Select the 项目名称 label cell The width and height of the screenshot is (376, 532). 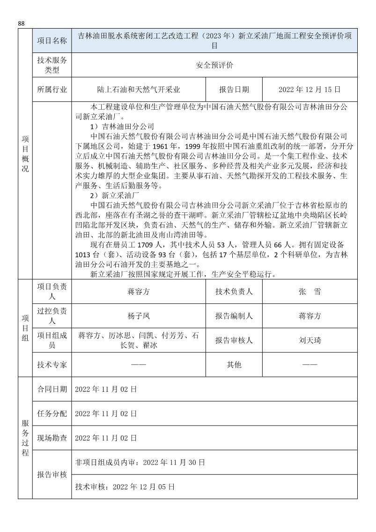(x=52, y=41)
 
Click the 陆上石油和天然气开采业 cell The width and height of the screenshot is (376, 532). (x=139, y=90)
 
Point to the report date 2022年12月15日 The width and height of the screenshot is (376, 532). (x=310, y=90)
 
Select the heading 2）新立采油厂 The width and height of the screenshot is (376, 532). (x=115, y=196)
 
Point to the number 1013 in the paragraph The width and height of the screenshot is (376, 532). (x=85, y=255)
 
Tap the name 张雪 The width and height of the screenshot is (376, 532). (x=310, y=292)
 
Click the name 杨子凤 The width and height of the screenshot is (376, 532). (x=139, y=316)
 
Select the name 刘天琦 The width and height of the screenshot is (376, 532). (x=310, y=340)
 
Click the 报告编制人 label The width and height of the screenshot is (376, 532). (x=234, y=316)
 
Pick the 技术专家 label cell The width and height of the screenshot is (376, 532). (x=52, y=364)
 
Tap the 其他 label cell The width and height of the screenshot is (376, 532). (x=234, y=364)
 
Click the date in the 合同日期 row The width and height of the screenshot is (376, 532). (x=106, y=389)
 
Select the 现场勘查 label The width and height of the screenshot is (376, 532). (x=52, y=438)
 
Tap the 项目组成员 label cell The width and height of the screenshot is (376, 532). (x=52, y=340)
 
